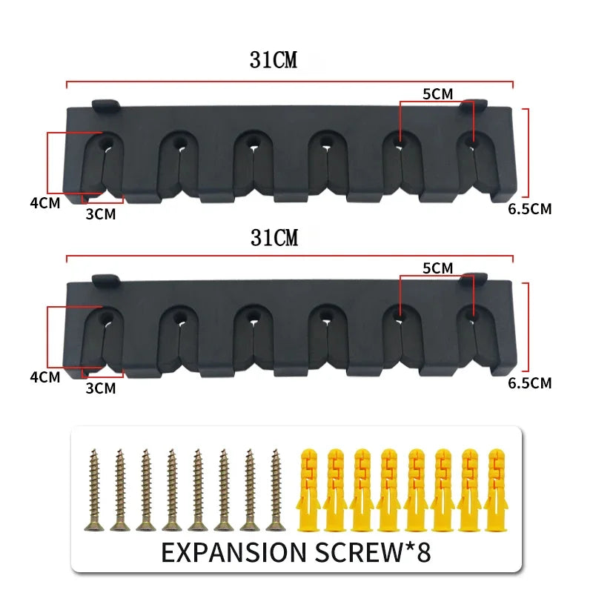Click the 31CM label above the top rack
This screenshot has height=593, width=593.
pos(274,61)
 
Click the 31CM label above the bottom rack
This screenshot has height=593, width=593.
pos(274,238)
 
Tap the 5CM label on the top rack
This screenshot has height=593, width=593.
pos(437,93)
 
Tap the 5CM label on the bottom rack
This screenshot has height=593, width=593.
pos(437,268)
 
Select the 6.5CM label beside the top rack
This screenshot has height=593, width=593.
pos(529,209)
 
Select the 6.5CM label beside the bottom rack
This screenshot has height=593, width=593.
pos(529,383)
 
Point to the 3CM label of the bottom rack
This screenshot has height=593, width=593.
pos(101,388)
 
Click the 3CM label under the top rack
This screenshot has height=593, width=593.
pos(101,214)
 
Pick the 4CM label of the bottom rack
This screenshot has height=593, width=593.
pos(44,377)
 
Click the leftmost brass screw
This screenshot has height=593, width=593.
pos(93,489)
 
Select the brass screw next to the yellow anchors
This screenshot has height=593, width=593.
pos(275,489)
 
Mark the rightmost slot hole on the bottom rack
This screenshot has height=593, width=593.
pos(471,314)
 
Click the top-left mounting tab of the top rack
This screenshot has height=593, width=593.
pos(105,104)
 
